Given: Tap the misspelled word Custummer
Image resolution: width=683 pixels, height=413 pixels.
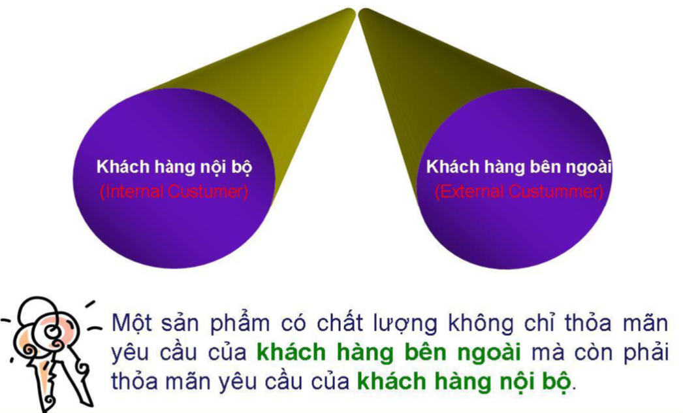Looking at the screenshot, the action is (556, 191).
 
